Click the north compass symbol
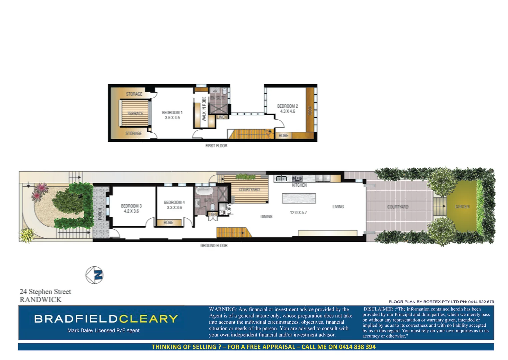click(94, 275)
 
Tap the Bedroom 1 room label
click(172, 113)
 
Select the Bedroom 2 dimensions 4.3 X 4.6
click(287, 111)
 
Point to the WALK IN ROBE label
click(204, 109)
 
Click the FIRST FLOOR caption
click(216, 146)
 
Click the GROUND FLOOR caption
click(214, 246)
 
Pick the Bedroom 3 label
click(131, 206)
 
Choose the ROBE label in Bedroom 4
click(168, 222)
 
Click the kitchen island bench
click(299, 198)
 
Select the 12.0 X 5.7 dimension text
click(298, 213)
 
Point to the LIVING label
click(338, 207)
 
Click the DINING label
click(266, 217)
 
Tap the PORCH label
click(100, 214)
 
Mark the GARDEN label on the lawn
click(462, 207)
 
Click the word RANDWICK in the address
click(41, 300)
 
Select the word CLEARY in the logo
click(148, 319)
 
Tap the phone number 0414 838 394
click(357, 347)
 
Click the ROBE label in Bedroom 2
click(283, 136)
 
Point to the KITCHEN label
click(299, 185)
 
